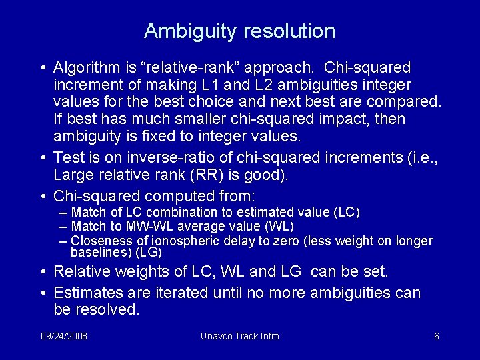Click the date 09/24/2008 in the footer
click(x=63, y=336)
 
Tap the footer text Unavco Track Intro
click(x=240, y=336)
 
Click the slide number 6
click(x=436, y=336)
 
